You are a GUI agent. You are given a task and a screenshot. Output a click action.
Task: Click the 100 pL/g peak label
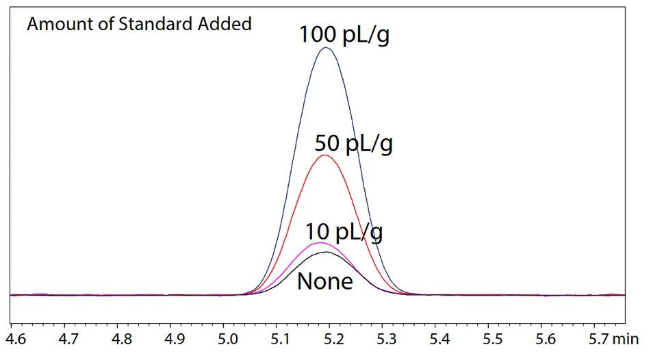pyautogui.click(x=344, y=34)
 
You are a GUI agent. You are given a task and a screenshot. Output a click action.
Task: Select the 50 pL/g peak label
pyautogui.click(x=353, y=144)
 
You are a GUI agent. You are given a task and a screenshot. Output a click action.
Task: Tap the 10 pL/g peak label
pyautogui.click(x=344, y=232)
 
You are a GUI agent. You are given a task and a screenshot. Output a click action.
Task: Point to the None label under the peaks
pyautogui.click(x=324, y=281)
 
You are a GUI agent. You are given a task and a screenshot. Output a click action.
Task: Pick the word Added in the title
pyautogui.click(x=226, y=25)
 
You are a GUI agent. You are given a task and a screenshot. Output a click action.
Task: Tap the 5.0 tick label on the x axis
pyautogui.click(x=228, y=339)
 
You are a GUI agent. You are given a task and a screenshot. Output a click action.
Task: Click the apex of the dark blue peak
pyautogui.click(x=327, y=47)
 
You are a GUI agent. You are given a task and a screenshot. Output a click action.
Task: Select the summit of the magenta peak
pyautogui.click(x=319, y=243)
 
